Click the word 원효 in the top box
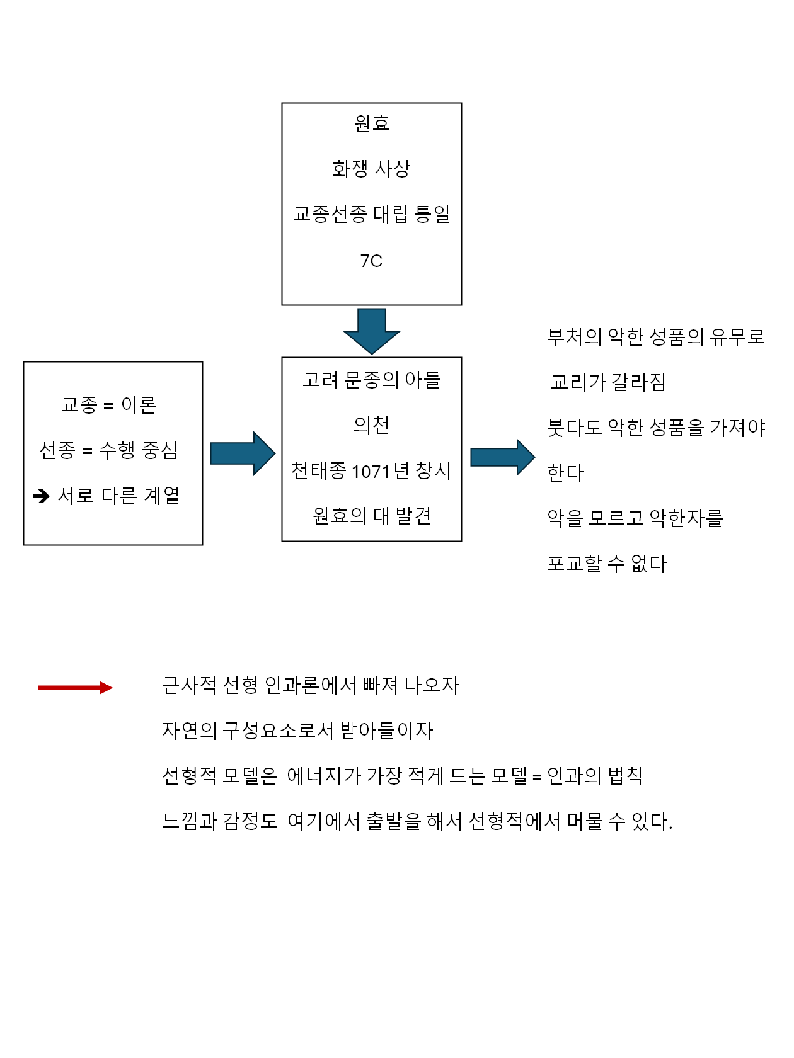pyautogui.click(x=372, y=123)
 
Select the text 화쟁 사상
pyautogui.click(x=371, y=169)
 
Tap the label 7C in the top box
pyautogui.click(x=371, y=261)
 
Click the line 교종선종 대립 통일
pyautogui.click(x=371, y=215)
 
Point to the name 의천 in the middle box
pyautogui.click(x=371, y=426)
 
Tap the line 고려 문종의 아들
pyautogui.click(x=371, y=380)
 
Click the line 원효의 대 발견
pyautogui.click(x=371, y=516)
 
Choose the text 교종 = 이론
pyautogui.click(x=108, y=405)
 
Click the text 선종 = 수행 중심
pyautogui.click(x=108, y=450)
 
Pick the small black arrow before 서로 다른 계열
pyautogui.click(x=41, y=497)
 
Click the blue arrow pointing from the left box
pyautogui.click(x=242, y=453)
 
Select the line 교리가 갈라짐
pyautogui.click(x=608, y=382)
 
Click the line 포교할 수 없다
pyautogui.click(x=606, y=564)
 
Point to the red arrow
pyautogui.click(x=75, y=688)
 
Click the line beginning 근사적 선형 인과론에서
pyautogui.click(x=311, y=685)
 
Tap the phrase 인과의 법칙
pyautogui.click(x=594, y=776)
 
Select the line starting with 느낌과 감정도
pyautogui.click(x=417, y=821)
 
